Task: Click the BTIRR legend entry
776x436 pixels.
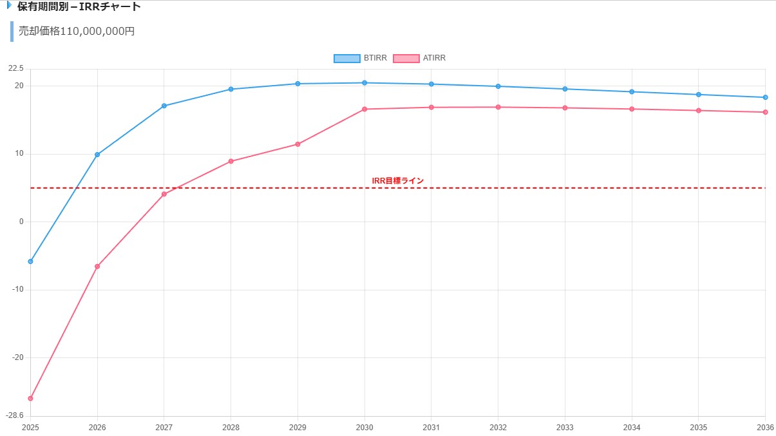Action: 361,58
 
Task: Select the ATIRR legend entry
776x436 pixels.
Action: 419,58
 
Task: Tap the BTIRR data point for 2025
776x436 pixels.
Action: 30,261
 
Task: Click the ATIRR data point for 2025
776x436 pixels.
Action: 30,399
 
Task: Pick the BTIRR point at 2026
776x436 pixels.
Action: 97,155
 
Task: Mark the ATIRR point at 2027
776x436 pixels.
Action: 164,194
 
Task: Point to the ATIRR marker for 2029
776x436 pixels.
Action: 298,144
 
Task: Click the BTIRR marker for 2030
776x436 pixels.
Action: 364,82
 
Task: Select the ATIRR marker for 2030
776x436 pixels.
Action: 364,109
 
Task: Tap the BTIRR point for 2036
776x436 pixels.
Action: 765,97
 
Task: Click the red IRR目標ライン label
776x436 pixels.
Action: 398,181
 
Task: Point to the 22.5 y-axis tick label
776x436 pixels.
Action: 16,69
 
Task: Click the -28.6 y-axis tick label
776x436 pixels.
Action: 15,415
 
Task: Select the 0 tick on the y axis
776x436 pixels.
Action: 21,222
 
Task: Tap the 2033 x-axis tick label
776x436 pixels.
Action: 565,427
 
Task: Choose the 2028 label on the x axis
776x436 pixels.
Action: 231,427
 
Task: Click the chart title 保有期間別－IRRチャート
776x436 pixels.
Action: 79,7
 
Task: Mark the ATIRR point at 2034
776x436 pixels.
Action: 632,109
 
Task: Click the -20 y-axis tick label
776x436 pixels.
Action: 17,357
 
